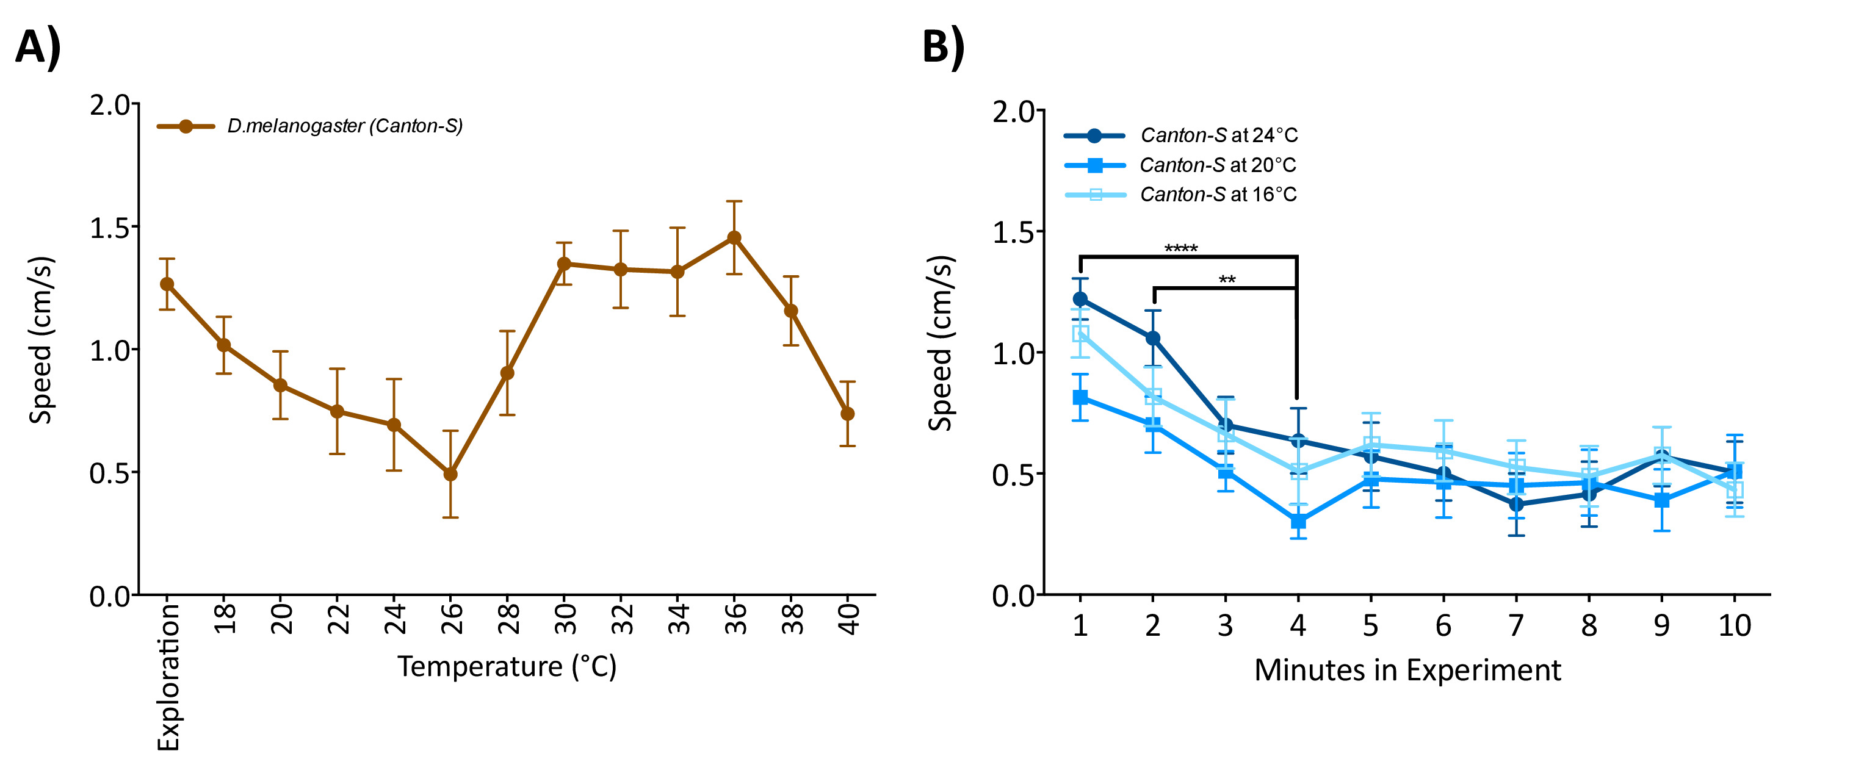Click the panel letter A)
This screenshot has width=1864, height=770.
(38, 48)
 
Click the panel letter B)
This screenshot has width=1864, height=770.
(943, 48)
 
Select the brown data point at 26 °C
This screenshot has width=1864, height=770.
(450, 474)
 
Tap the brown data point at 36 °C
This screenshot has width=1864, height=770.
(734, 238)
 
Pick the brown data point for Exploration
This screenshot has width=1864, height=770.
(167, 284)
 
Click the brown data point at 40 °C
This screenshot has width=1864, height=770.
(847, 414)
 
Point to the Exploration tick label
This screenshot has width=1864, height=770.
(168, 677)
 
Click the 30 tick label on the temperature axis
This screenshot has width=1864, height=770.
(565, 619)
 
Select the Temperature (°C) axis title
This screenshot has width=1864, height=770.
(507, 666)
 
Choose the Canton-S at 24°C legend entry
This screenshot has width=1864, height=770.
(1218, 135)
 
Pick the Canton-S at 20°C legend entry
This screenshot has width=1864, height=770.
(1217, 165)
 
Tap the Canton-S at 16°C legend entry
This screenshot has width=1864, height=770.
(1218, 195)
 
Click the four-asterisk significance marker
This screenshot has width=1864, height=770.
(1180, 249)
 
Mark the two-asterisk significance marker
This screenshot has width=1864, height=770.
(1227, 279)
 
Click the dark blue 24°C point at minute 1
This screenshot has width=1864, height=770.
(1080, 299)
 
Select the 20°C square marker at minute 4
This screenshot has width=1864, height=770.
(1298, 521)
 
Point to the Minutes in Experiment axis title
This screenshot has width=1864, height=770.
(1407, 670)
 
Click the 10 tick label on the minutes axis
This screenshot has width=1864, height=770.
(1734, 625)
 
